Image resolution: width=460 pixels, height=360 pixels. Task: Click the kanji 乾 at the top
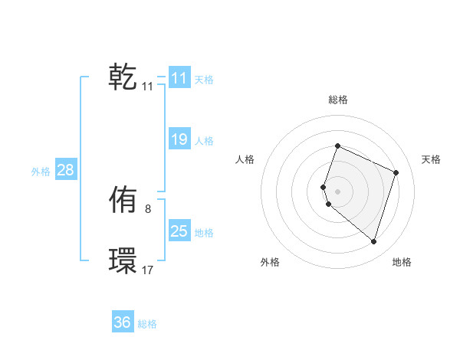click(123, 78)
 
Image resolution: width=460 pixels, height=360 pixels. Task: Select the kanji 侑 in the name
click(123, 201)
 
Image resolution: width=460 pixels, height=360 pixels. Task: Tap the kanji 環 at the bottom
click(123, 261)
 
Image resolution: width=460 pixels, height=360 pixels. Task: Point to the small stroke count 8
click(147, 208)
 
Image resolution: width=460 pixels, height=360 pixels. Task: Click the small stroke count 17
click(147, 270)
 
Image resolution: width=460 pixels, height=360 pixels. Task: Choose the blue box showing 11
click(179, 78)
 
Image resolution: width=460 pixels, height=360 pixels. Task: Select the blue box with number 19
click(179, 139)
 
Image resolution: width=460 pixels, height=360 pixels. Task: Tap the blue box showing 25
click(179, 231)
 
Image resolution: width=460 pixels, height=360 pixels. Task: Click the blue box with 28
click(65, 170)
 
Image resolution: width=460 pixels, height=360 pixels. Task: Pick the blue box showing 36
click(123, 322)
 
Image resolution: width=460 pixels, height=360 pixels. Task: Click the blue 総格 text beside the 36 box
click(147, 324)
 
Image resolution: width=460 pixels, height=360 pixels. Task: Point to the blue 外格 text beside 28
click(41, 172)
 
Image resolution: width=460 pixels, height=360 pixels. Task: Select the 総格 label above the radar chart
click(337, 100)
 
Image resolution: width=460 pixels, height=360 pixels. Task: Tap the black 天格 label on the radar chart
click(431, 159)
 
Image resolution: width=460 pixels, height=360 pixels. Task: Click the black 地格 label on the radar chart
click(402, 262)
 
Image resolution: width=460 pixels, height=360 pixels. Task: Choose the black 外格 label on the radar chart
click(270, 262)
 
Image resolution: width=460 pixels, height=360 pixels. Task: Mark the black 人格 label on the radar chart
click(245, 159)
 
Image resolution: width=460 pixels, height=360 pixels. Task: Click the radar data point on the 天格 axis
click(396, 172)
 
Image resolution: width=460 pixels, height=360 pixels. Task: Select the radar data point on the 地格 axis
click(373, 241)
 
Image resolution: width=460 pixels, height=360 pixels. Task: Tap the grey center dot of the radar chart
click(337, 191)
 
